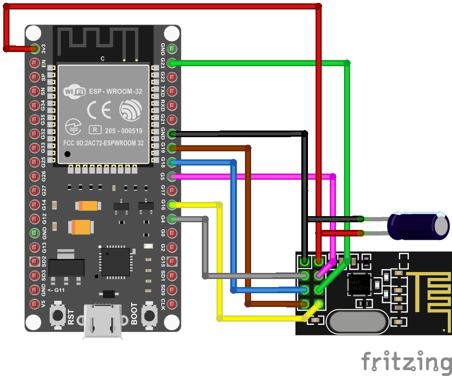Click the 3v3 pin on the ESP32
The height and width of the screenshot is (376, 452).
35,48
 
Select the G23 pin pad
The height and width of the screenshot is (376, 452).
172,62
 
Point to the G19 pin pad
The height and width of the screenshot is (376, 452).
172,148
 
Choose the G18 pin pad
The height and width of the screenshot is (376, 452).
172,162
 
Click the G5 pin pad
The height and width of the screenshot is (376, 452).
172,176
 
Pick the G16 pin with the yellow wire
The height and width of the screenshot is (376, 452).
172,205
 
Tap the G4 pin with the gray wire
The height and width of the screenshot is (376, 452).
172,219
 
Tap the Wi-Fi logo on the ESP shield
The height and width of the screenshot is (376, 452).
74,91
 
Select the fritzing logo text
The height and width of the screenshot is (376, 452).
407,362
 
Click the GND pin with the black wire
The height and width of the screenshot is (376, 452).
172,134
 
